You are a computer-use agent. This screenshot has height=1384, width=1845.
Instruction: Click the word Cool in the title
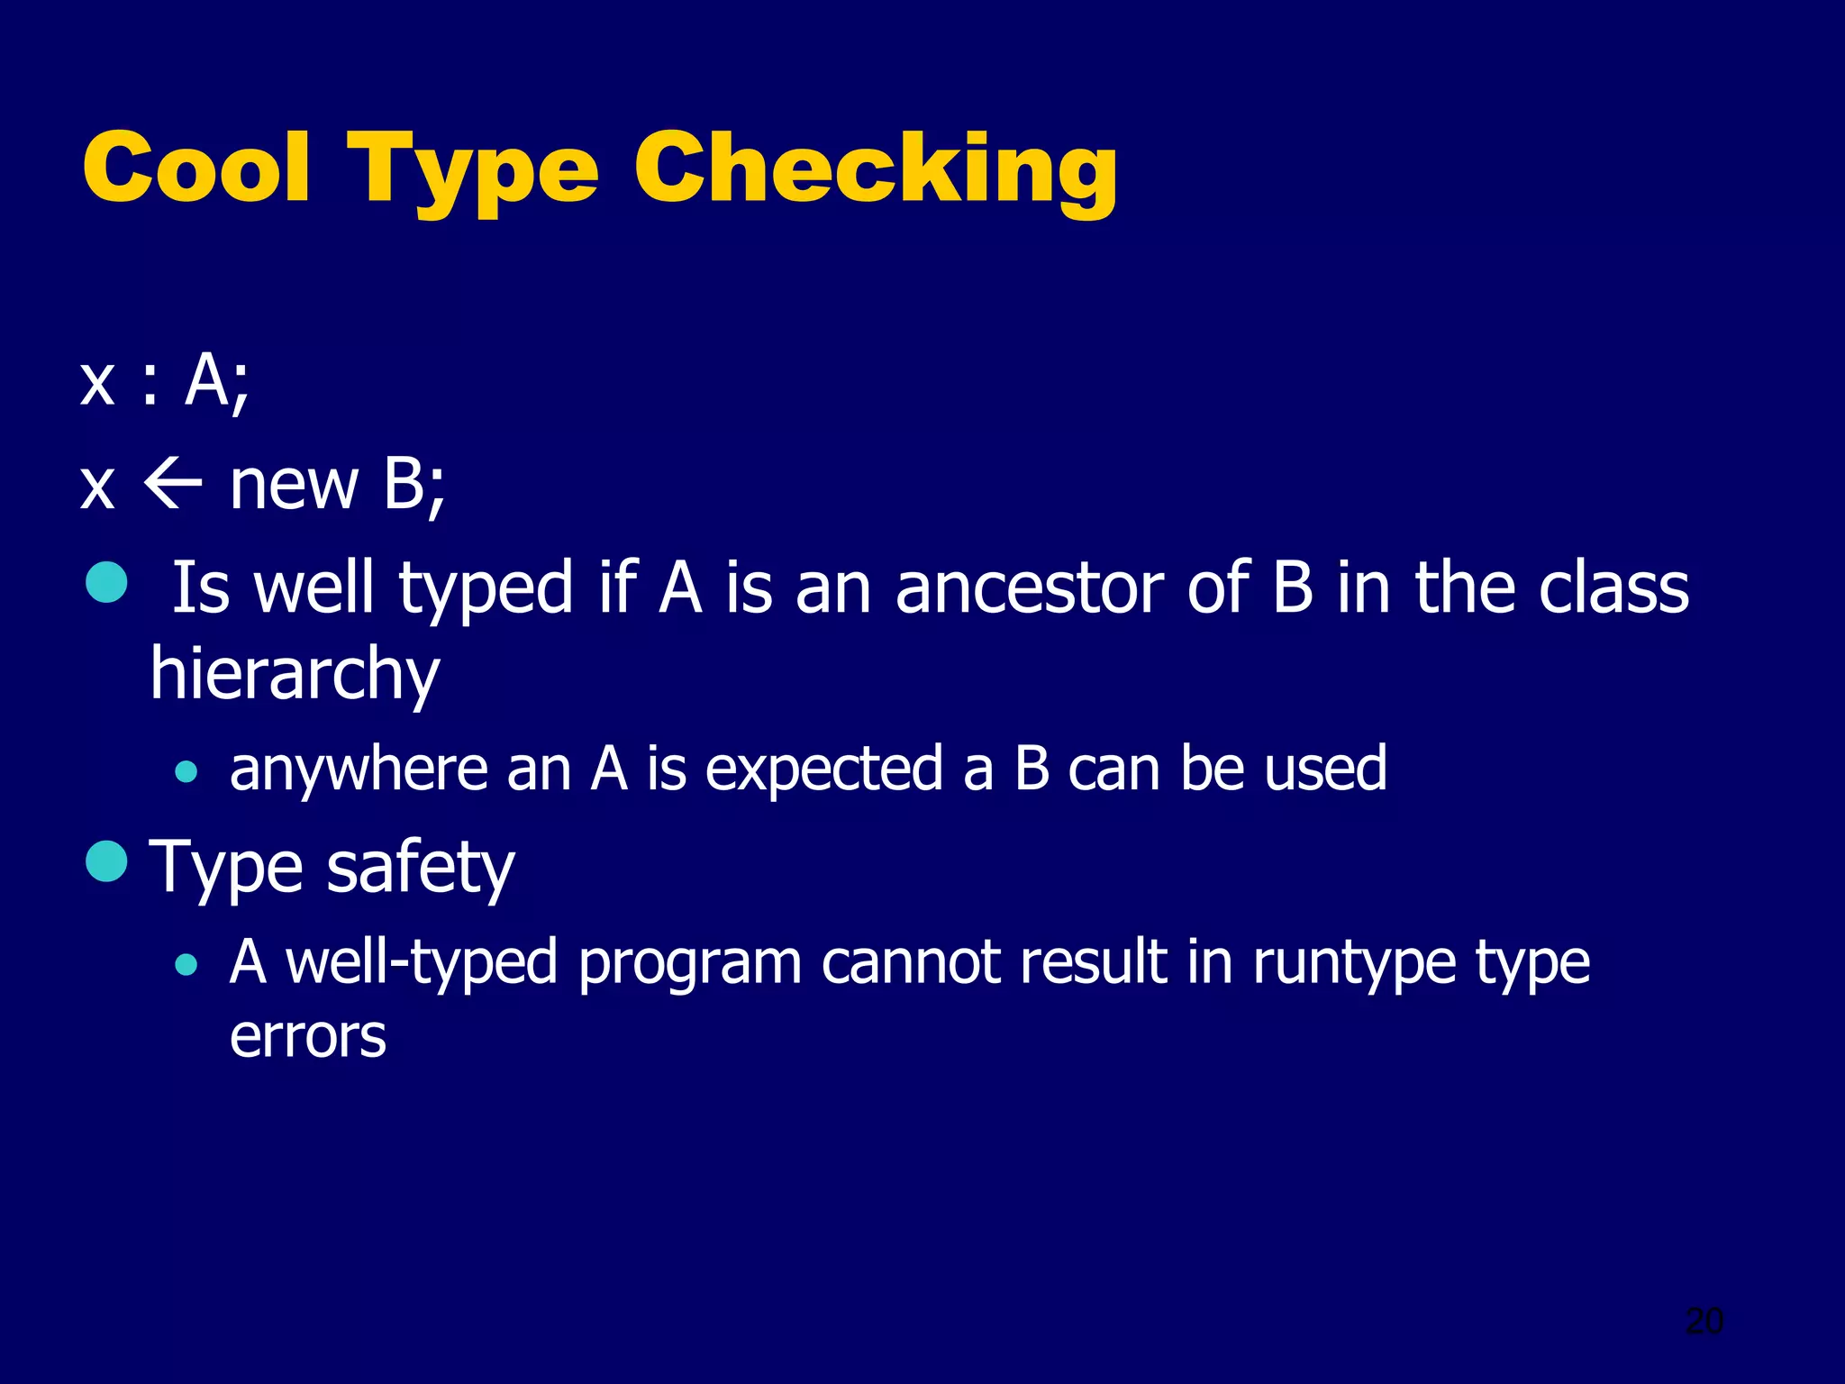coord(196,168)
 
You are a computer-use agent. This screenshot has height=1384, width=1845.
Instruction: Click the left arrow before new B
coord(172,486)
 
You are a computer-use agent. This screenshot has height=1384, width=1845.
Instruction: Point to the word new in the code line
coord(294,486)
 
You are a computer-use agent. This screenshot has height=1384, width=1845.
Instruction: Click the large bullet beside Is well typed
coord(107,581)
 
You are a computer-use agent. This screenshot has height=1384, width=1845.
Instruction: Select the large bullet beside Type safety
coord(107,860)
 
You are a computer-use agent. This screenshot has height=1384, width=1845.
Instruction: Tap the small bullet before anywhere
coord(186,771)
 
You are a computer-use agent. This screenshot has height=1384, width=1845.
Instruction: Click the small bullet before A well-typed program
coord(186,965)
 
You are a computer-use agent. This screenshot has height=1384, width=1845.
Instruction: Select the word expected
coord(822,771)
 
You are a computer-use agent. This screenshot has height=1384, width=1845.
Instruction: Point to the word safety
coord(421,868)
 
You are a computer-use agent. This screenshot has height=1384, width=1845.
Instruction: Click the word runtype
coord(1353,964)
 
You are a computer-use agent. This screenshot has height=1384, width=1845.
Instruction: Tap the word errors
coord(308,1036)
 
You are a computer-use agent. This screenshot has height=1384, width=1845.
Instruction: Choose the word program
coord(689,964)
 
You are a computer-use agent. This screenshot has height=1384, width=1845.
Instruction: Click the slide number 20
coord(1704,1321)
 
